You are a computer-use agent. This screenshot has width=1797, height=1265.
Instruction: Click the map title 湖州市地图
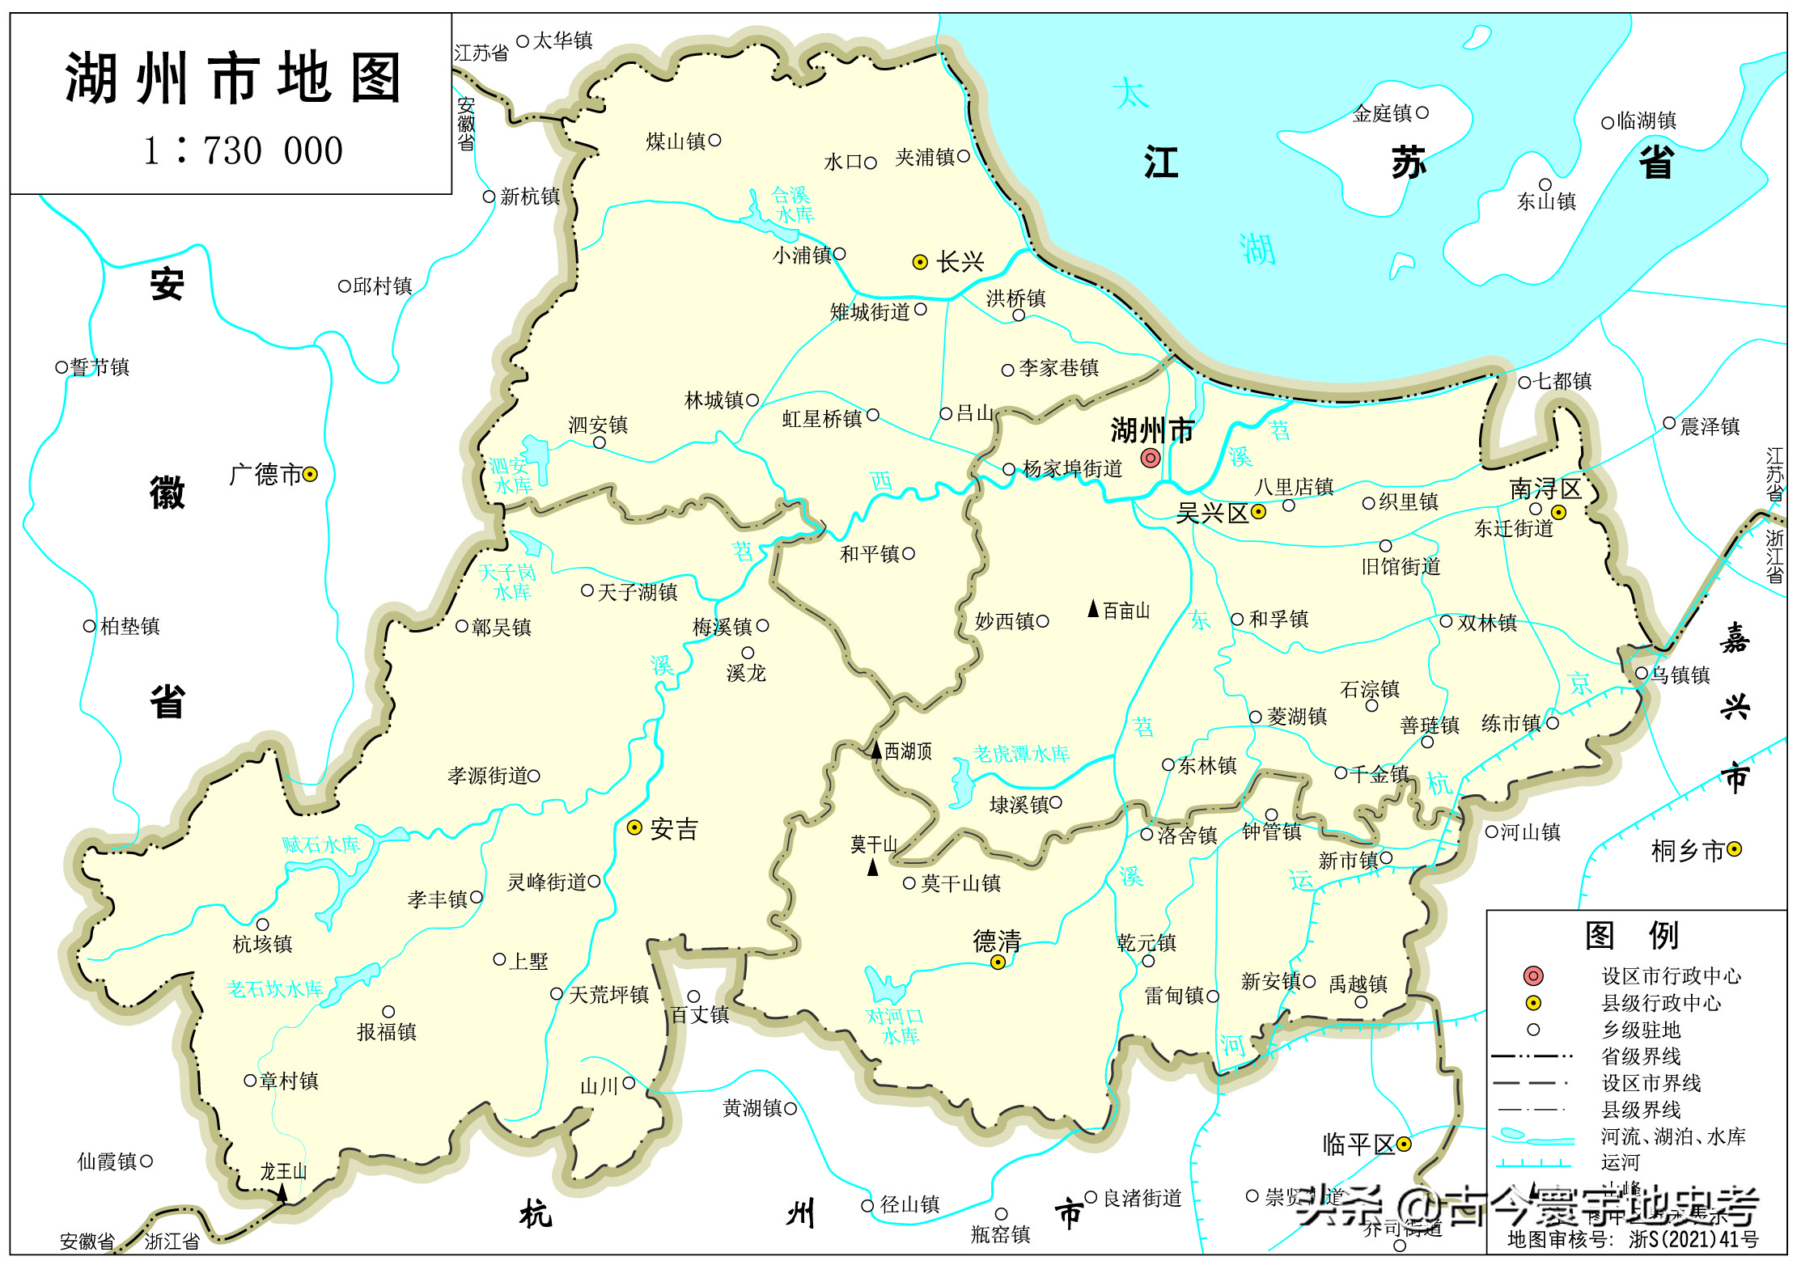pyautogui.click(x=232, y=78)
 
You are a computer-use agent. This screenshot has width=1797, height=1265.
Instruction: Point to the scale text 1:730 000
pyautogui.click(x=243, y=150)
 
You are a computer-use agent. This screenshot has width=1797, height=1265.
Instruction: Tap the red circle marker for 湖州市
pyautogui.click(x=1150, y=459)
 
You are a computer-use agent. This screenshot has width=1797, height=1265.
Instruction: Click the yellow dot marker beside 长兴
pyautogui.click(x=919, y=262)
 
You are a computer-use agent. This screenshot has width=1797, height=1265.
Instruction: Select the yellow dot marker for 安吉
pyautogui.click(x=635, y=827)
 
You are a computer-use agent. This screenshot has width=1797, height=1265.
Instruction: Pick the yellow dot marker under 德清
pyautogui.click(x=998, y=962)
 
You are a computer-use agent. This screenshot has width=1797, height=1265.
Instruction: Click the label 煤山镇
pyautogui.click(x=675, y=142)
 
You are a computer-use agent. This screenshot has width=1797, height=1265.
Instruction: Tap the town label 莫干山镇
pyautogui.click(x=960, y=883)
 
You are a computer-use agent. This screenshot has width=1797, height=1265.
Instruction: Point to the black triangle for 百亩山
pyautogui.click(x=1093, y=609)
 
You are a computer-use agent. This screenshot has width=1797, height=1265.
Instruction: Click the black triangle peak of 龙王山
pyautogui.click(x=282, y=1191)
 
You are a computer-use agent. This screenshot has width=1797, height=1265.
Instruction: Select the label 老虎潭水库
pyautogui.click(x=1021, y=754)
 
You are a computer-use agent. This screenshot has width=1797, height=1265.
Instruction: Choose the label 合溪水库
pyautogui.click(x=792, y=205)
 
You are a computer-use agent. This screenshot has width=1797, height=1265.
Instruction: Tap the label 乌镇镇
pyautogui.click(x=1680, y=675)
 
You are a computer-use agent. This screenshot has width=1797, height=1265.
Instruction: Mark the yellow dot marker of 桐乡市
pyautogui.click(x=1734, y=849)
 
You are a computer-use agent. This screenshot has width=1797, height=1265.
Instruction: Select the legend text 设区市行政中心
pyautogui.click(x=1671, y=976)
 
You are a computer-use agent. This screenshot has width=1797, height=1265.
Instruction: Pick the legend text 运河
pyautogui.click(x=1620, y=1162)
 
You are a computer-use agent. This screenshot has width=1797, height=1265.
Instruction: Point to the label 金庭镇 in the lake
pyautogui.click(x=1382, y=114)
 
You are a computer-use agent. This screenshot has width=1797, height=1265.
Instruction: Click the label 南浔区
pyautogui.click(x=1545, y=489)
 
